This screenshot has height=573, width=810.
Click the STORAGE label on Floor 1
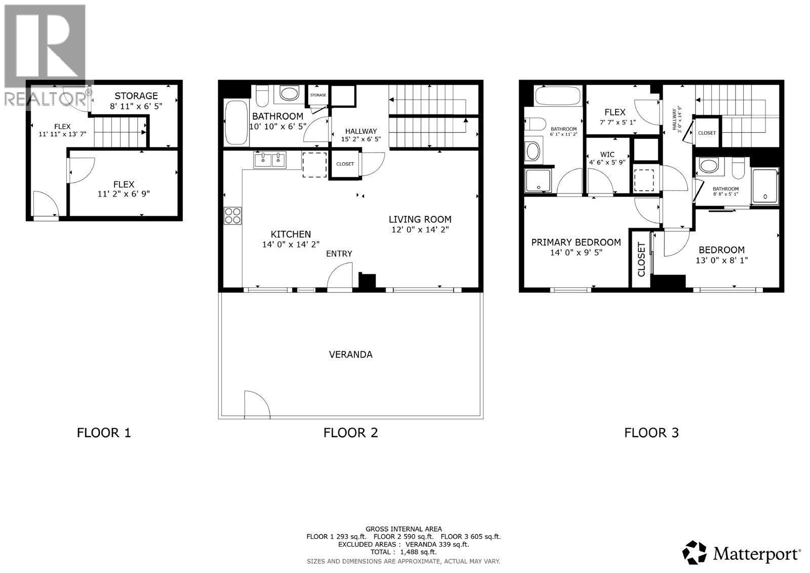[136, 96]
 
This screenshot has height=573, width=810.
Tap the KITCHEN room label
[291, 234]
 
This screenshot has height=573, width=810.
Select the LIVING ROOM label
[420, 219]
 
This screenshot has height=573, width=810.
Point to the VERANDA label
[350, 354]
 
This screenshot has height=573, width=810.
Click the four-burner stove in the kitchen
[232, 216]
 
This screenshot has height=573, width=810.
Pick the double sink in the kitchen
[270, 160]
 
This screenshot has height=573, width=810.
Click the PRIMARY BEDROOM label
[576, 242]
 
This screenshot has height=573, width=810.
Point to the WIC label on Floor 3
[607, 155]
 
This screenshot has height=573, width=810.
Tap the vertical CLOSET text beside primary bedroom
[641, 259]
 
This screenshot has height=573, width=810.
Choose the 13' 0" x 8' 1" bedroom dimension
[721, 260]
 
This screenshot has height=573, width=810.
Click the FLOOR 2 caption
[350, 433]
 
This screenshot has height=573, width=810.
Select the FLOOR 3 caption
[651, 433]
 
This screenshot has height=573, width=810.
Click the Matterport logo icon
[695, 552]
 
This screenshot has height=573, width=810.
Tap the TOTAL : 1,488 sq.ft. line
[403, 552]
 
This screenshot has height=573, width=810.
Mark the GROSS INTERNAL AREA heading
[403, 529]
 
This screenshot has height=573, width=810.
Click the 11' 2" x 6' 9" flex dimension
[124, 194]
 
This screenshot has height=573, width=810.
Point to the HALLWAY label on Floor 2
[361, 131]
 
